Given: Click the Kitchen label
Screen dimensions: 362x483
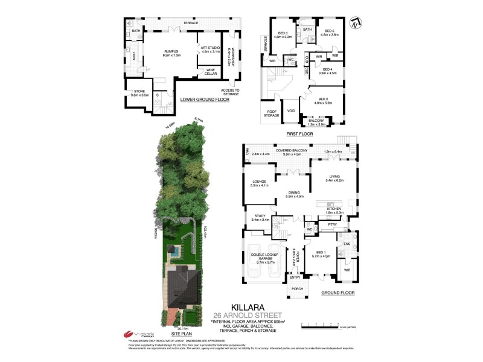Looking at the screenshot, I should point(334,209).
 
